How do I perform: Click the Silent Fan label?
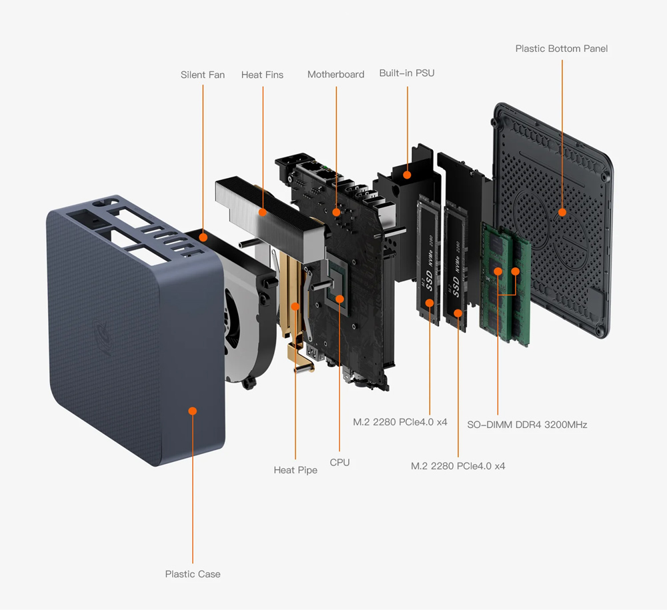point(202,75)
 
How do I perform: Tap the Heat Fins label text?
point(262,75)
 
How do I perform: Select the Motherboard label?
point(336,74)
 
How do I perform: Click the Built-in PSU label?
point(406,73)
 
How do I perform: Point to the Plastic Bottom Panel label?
point(561,49)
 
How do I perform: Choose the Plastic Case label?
point(192,574)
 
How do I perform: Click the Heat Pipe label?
point(295,470)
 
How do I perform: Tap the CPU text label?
point(340,462)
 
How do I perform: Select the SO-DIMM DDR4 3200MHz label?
point(527,425)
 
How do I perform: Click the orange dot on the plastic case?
point(193,411)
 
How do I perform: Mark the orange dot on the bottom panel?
point(562,212)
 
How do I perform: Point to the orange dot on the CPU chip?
point(340,299)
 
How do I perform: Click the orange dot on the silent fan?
point(203,237)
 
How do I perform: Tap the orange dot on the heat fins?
point(263,213)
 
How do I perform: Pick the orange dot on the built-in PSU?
point(407,175)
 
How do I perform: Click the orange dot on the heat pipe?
point(295,307)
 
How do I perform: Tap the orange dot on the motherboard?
point(336,213)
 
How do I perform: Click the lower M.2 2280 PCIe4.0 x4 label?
point(458,466)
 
